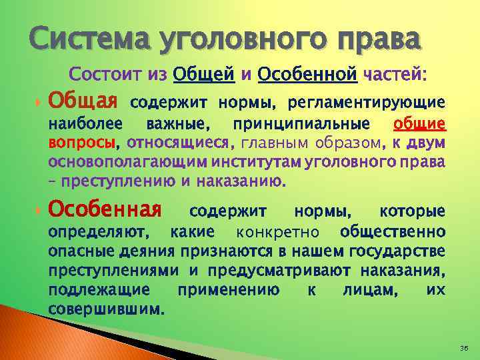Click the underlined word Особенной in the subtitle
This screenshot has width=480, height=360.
(x=307, y=75)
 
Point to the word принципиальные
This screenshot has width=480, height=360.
(x=307, y=125)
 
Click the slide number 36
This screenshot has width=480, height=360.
(x=464, y=348)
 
